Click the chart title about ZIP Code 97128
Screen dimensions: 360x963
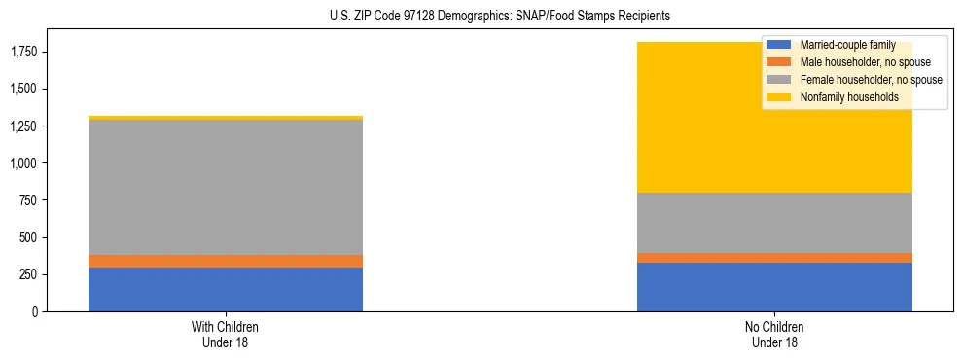coord(482,17)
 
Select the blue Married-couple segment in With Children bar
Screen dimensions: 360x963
coord(226,289)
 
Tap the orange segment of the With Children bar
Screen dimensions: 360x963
coord(226,261)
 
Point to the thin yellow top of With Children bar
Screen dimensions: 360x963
coord(226,118)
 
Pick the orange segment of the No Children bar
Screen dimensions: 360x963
coord(774,258)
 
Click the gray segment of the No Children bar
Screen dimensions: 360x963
coord(774,223)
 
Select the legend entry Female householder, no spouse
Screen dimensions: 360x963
coord(870,80)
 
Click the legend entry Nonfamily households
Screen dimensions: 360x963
coord(849,97)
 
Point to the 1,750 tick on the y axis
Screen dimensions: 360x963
coord(24,52)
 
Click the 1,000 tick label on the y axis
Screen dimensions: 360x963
coord(24,163)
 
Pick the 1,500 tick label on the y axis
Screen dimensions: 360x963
coord(24,90)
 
